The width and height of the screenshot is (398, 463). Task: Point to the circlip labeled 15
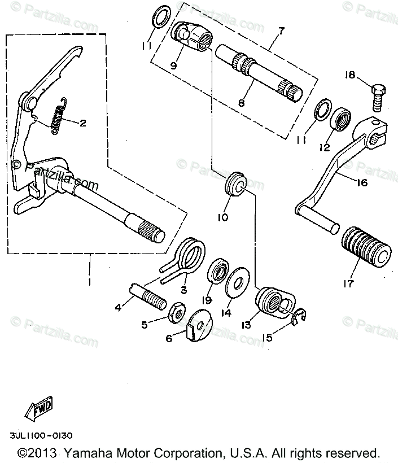(299, 316)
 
